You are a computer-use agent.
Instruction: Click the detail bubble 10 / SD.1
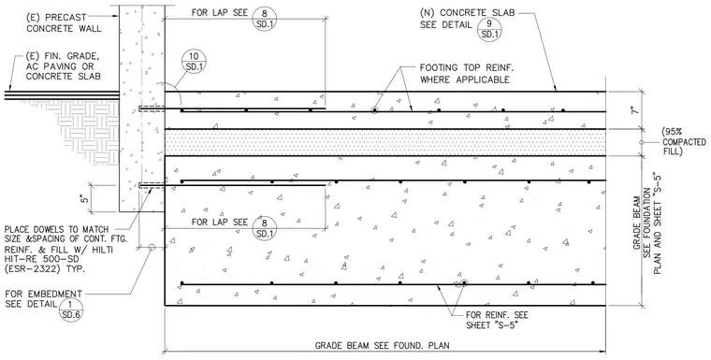(194, 62)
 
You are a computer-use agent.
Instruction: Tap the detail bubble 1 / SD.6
(71, 310)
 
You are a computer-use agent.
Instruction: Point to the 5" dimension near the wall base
(86, 198)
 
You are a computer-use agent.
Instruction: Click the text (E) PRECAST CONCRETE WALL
(64, 22)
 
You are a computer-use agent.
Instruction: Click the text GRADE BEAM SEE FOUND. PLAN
(383, 345)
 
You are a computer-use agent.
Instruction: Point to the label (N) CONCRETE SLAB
(468, 13)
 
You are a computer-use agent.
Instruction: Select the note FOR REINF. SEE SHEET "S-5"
(497, 320)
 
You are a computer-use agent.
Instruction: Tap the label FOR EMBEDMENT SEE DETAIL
(44, 299)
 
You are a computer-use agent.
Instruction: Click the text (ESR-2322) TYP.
(45, 268)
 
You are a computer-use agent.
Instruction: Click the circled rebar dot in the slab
(374, 110)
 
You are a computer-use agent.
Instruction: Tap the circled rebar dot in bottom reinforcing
(464, 283)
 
